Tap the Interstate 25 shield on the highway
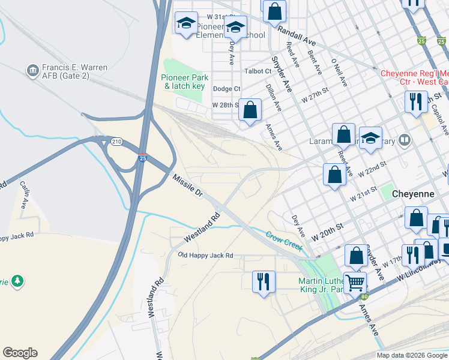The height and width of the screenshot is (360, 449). pyautogui.click(x=142, y=158)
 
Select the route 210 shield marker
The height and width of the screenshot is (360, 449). pyautogui.click(x=116, y=142)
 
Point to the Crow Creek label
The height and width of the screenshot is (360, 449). pyautogui.click(x=283, y=239)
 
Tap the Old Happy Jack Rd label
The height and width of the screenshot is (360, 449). pyautogui.click(x=206, y=256)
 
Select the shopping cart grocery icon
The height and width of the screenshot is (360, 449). pyautogui.click(x=355, y=281)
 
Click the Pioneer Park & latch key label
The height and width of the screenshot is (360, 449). pyautogui.click(x=184, y=82)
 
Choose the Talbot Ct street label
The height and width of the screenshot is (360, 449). pyautogui.click(x=258, y=71)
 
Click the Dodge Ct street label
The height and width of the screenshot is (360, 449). pyautogui.click(x=226, y=89)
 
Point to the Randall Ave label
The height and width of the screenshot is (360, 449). pyautogui.click(x=297, y=39)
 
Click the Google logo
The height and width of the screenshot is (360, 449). pyautogui.click(x=20, y=353)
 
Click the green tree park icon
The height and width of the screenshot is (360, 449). pyautogui.click(x=18, y=281)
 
